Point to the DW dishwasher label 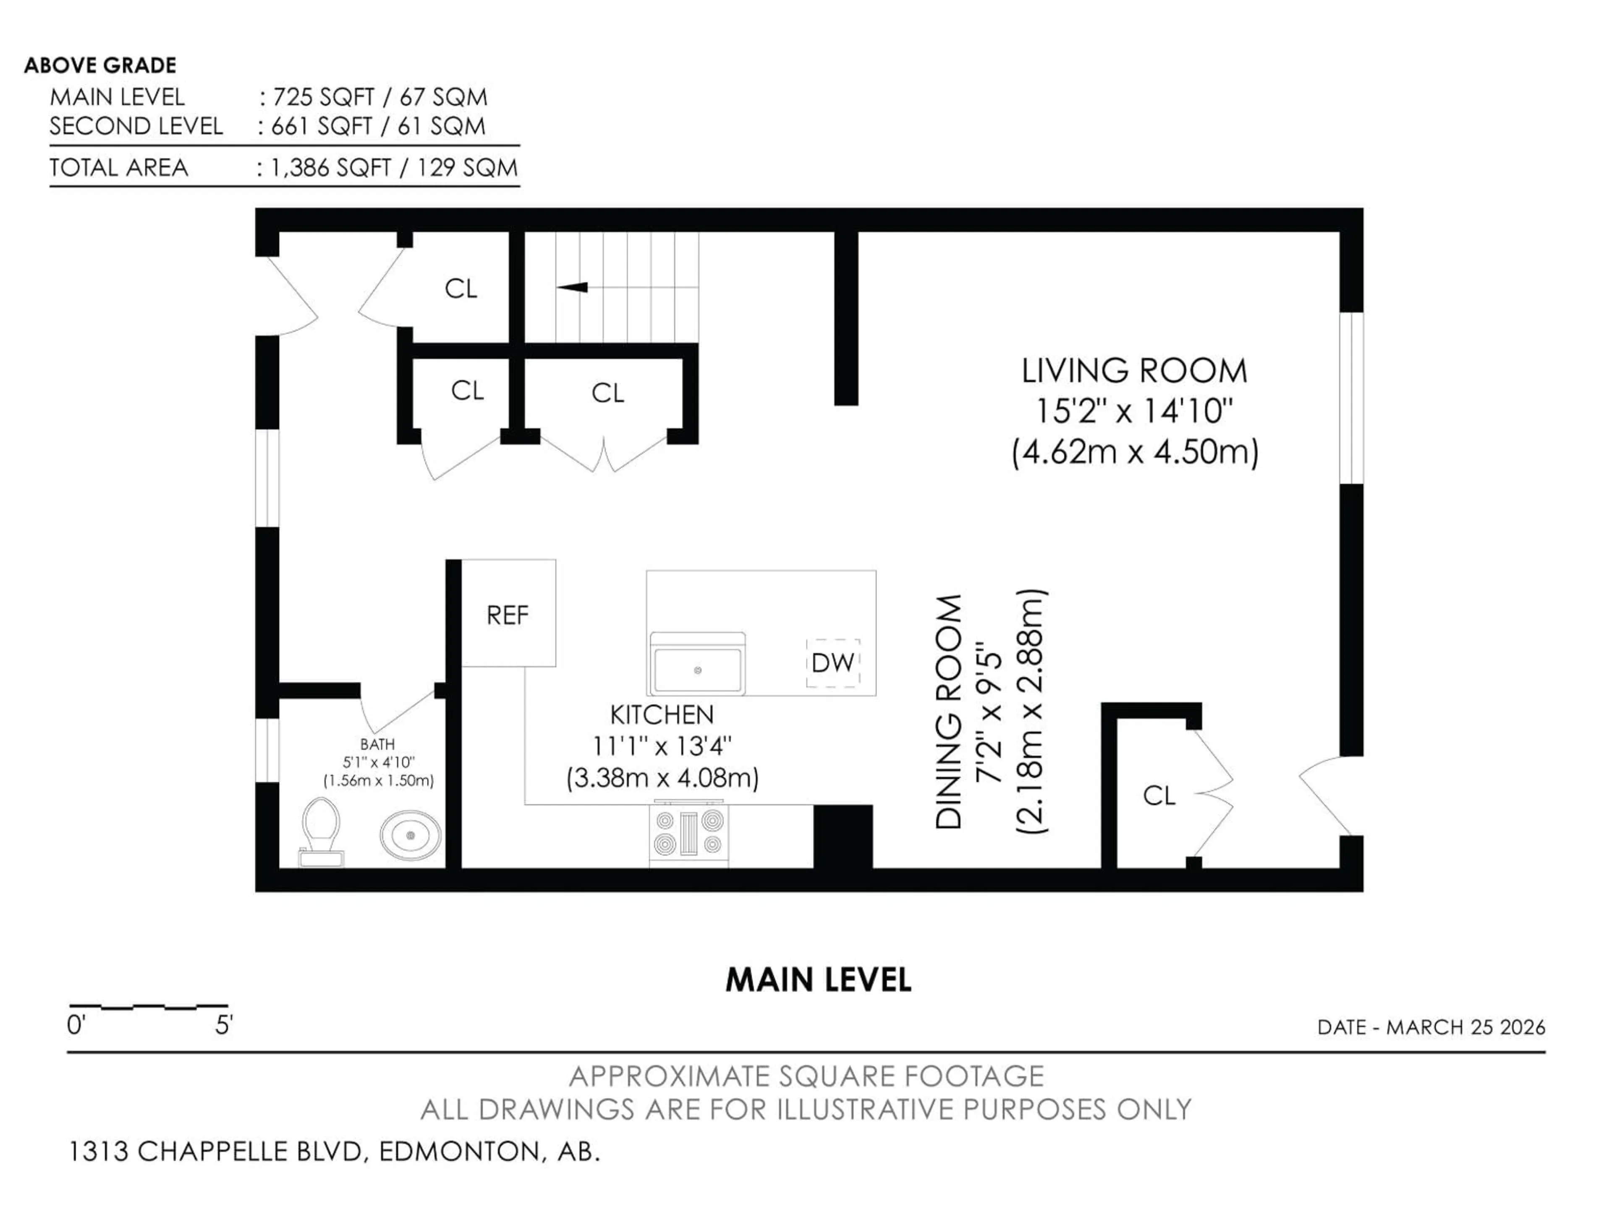[x=832, y=662]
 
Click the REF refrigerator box [x=508, y=614]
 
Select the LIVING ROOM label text [x=1134, y=371]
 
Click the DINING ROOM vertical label [x=949, y=712]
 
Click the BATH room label [x=377, y=744]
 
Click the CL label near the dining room [x=1159, y=795]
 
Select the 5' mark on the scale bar [x=224, y=1026]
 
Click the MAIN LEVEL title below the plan [x=818, y=980]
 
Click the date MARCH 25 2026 [x=1465, y=1028]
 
